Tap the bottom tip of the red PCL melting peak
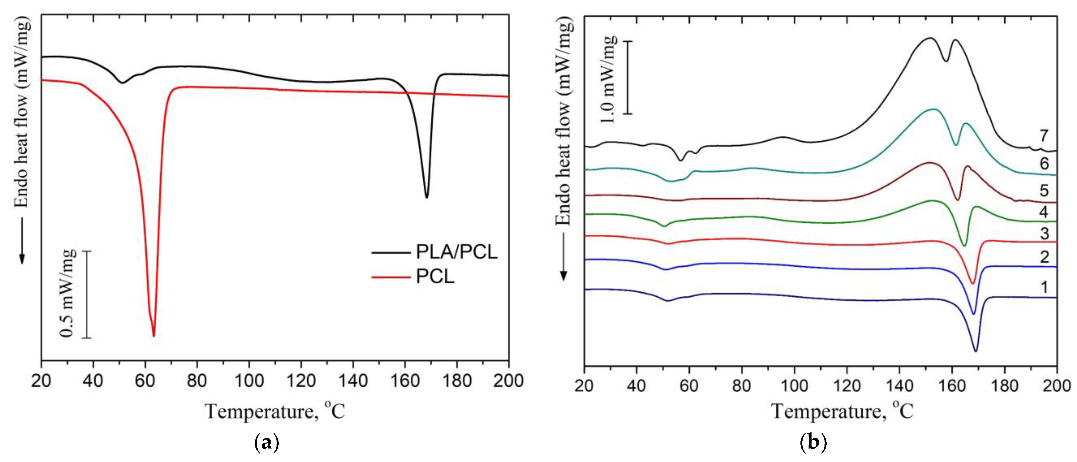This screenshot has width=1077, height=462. (x=154, y=335)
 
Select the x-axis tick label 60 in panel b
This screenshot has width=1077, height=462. (x=689, y=385)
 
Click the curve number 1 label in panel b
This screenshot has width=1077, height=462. (x=1044, y=287)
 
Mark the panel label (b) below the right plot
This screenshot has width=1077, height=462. (x=813, y=442)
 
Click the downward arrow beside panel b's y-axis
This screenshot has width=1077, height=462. (x=564, y=258)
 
